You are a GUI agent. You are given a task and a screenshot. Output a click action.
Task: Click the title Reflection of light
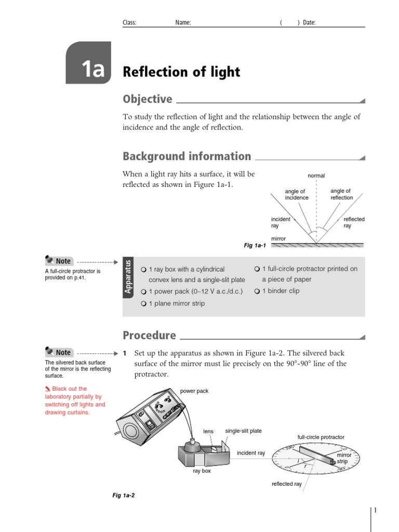[x=181, y=72]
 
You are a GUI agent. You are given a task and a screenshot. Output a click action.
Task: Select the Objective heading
[x=148, y=99]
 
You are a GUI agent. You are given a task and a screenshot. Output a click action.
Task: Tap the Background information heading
[x=187, y=156]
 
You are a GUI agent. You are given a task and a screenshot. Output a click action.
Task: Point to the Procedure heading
[x=149, y=335]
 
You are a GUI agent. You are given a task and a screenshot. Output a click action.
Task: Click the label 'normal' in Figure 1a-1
[x=316, y=176]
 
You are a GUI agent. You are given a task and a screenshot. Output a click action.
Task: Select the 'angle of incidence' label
[x=296, y=194]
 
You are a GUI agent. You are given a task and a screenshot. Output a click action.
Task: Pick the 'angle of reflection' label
[x=341, y=194]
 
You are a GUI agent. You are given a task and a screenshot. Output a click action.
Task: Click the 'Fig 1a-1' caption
[x=255, y=245]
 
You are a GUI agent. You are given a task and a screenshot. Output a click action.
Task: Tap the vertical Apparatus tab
[x=128, y=276]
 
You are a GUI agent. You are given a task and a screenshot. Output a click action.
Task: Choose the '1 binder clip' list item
[x=280, y=291]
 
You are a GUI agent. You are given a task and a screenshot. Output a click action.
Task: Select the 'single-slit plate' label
[x=243, y=431]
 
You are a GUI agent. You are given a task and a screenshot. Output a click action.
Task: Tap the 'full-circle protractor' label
[x=321, y=437]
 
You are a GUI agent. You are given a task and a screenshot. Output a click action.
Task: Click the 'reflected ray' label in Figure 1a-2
[x=286, y=484]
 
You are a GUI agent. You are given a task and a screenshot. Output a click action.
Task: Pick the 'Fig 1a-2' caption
[x=124, y=496]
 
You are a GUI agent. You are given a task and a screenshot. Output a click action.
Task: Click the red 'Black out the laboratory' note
[x=75, y=401]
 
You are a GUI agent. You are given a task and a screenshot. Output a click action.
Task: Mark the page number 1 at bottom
[x=375, y=511]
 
